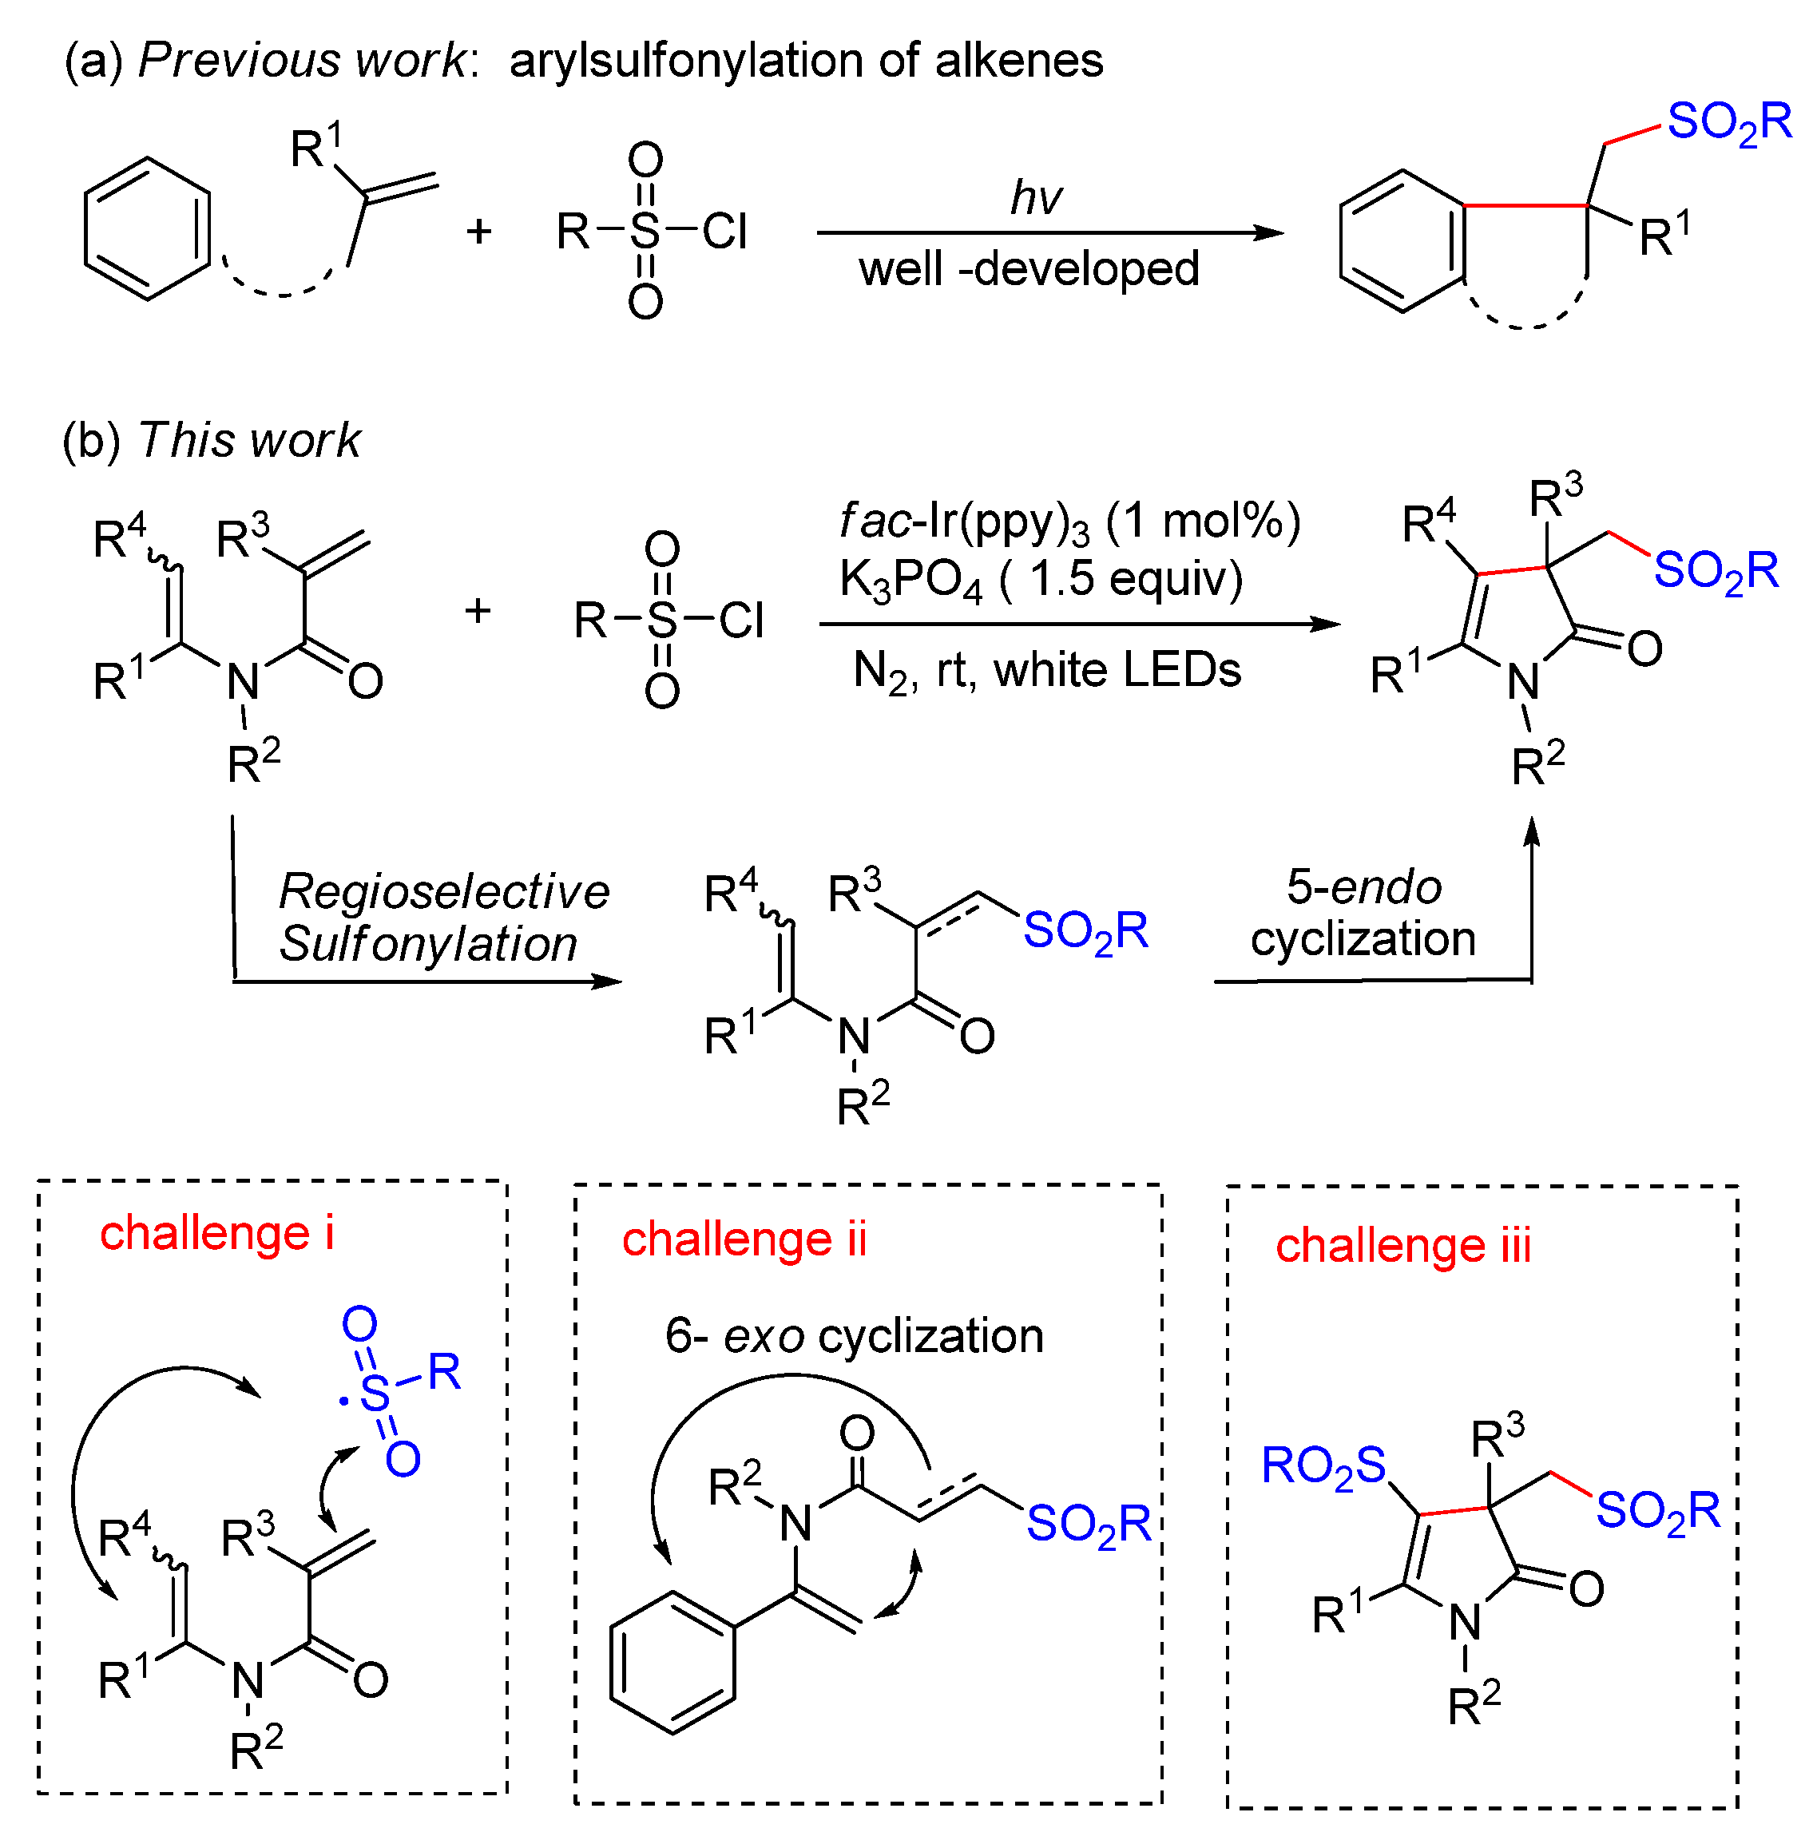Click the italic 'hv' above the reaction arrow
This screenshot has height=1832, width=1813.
pos(1034,198)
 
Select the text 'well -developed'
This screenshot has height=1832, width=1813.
pos(1029,269)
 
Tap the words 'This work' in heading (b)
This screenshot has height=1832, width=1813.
pos(249,441)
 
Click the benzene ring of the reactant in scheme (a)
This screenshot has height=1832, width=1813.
pos(148,229)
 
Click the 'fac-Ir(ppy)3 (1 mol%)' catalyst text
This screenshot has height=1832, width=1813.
pos(1069,522)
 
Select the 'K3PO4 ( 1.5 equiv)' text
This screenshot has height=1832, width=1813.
pos(1040,579)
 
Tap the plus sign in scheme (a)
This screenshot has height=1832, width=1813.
pos(479,232)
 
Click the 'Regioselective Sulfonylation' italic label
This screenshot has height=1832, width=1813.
pos(442,917)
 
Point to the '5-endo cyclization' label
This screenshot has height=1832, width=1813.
pos(1363,912)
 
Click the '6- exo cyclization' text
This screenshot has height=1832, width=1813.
pos(854,1336)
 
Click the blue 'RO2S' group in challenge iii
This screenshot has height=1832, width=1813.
pos(1323,1467)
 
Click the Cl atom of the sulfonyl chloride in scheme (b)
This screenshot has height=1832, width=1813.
pos(740,622)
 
